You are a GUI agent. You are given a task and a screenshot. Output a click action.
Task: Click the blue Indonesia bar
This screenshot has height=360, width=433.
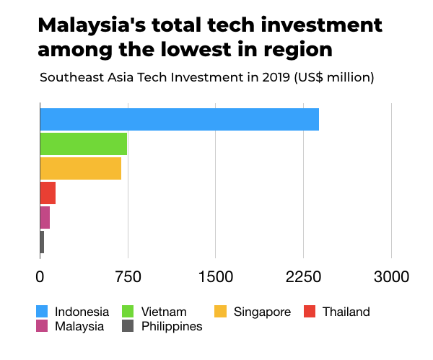click(x=179, y=118)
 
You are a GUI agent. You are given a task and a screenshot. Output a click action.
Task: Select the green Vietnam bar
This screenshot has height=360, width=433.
click(x=83, y=144)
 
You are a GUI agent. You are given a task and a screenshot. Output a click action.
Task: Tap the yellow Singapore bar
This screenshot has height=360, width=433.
click(x=80, y=168)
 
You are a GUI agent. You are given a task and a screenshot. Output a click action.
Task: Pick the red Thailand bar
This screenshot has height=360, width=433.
click(x=48, y=193)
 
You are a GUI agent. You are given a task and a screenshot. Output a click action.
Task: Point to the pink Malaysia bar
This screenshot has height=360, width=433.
click(x=45, y=217)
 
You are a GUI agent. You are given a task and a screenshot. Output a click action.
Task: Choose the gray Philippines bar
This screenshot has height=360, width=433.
click(x=42, y=242)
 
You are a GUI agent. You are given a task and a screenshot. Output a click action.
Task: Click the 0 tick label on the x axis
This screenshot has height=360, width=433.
click(x=40, y=276)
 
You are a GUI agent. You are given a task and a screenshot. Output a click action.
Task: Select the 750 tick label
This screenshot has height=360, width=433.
click(x=128, y=276)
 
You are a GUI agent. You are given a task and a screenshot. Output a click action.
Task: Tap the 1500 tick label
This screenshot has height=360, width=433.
click(x=215, y=276)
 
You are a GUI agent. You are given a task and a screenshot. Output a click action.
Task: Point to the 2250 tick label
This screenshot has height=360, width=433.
click(x=303, y=276)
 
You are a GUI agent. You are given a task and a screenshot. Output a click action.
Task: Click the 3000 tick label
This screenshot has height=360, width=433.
click(x=391, y=276)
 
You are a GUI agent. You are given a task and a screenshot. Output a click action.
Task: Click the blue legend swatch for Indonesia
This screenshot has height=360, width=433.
click(x=43, y=312)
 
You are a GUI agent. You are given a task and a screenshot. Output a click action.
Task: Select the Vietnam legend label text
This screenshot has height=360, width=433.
click(x=164, y=312)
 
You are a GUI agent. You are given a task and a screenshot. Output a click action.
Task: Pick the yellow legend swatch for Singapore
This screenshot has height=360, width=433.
click(x=221, y=312)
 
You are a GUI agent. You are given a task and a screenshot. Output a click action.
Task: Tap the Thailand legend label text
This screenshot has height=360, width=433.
click(x=346, y=312)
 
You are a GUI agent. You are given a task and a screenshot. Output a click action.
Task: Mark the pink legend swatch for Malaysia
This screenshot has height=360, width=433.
click(x=43, y=326)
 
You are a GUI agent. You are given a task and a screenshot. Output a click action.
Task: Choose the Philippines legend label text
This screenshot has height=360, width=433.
click(x=172, y=326)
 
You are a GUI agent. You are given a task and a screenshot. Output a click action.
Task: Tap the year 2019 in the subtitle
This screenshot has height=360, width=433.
click(x=263, y=77)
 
